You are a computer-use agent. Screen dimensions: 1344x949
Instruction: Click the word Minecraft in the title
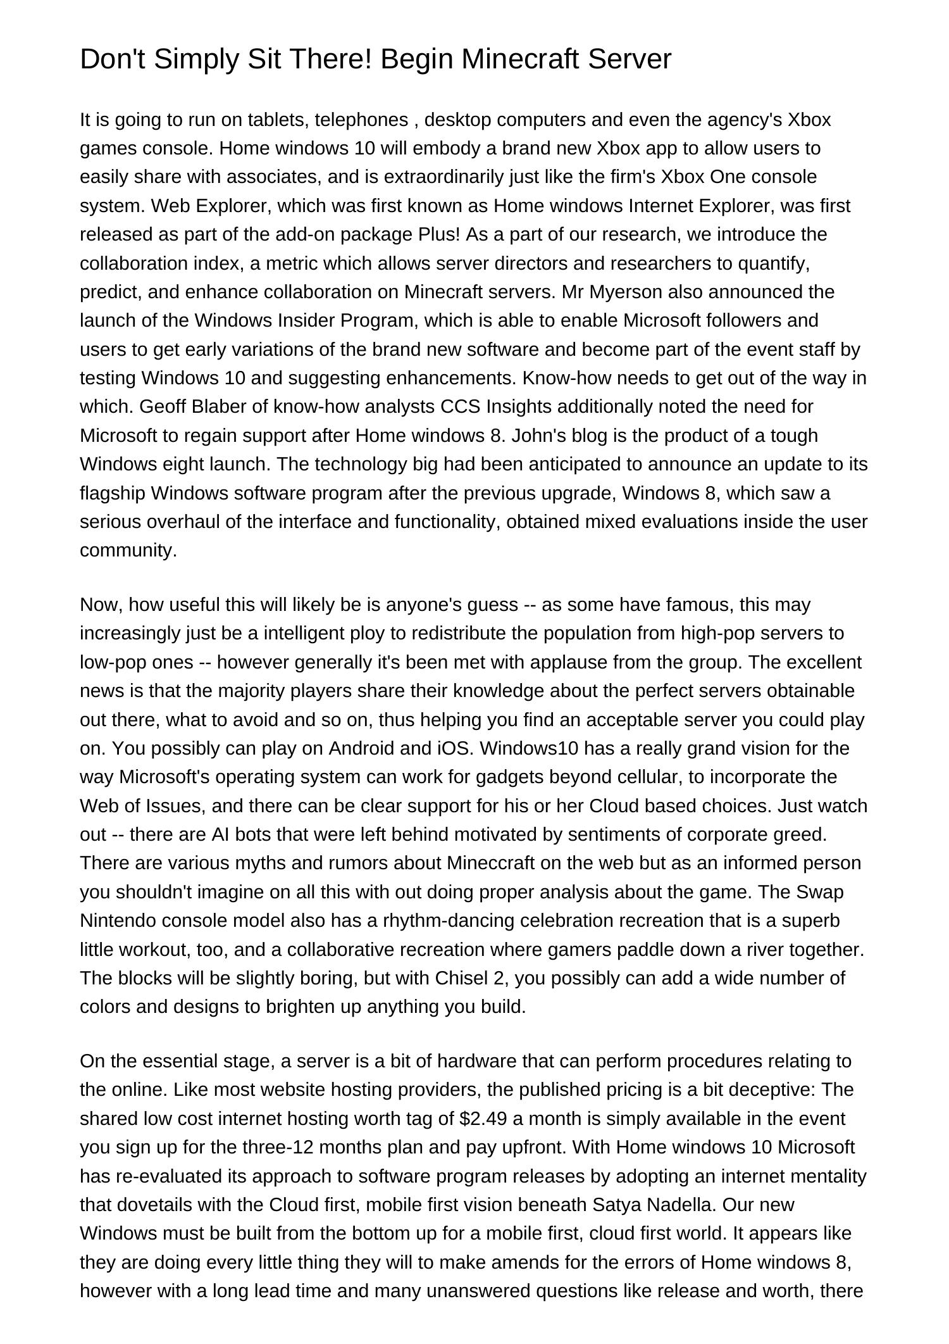click(x=520, y=60)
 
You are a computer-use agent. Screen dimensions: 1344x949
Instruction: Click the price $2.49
click(x=483, y=1119)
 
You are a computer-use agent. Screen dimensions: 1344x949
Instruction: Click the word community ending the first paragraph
click(x=128, y=550)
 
